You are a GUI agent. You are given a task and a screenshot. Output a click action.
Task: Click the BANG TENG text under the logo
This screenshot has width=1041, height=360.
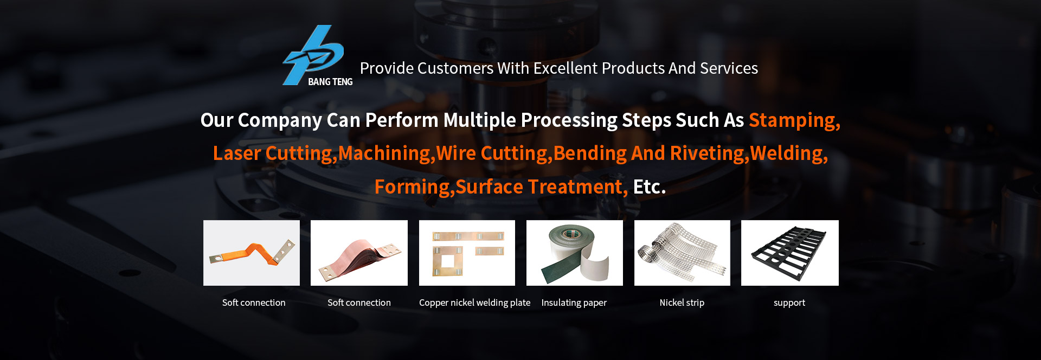click(x=330, y=82)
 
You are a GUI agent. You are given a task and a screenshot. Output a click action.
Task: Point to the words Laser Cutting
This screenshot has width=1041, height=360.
click(x=272, y=154)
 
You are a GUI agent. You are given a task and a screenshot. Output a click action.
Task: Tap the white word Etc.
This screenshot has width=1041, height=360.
click(x=650, y=187)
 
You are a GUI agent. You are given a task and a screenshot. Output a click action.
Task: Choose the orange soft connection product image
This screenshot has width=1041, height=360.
click(x=252, y=253)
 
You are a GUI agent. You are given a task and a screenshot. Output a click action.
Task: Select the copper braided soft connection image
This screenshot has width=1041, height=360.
click(x=359, y=253)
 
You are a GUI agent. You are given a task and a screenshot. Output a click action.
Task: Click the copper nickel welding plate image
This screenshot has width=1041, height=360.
click(x=467, y=253)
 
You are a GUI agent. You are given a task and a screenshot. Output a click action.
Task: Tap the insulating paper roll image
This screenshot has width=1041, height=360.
click(x=575, y=253)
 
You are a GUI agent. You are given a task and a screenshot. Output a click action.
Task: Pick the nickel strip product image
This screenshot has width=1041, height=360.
click(x=682, y=253)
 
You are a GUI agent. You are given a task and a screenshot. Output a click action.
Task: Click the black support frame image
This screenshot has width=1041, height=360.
click(x=790, y=253)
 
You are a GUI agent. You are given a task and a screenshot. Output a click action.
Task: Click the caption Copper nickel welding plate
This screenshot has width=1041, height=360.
click(x=475, y=303)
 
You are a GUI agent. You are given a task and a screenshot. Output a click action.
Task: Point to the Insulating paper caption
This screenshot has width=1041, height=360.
click(x=574, y=303)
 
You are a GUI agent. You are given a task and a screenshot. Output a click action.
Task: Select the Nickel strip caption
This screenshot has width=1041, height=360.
click(x=682, y=303)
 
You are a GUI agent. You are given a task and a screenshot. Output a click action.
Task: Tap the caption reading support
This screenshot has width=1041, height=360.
click(x=789, y=303)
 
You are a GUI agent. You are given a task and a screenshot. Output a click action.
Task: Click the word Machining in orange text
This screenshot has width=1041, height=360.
click(x=385, y=154)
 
